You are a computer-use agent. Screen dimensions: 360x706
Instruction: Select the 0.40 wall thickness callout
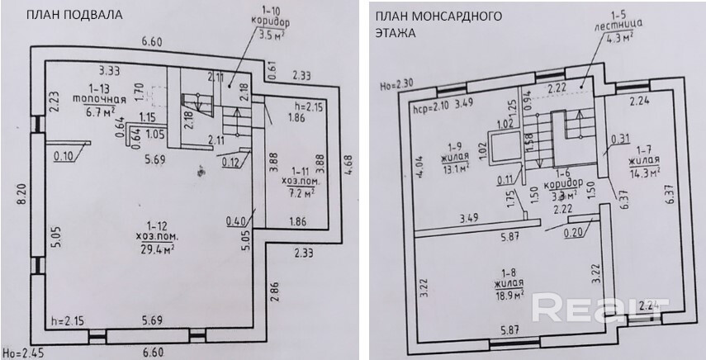[x=237, y=221]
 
